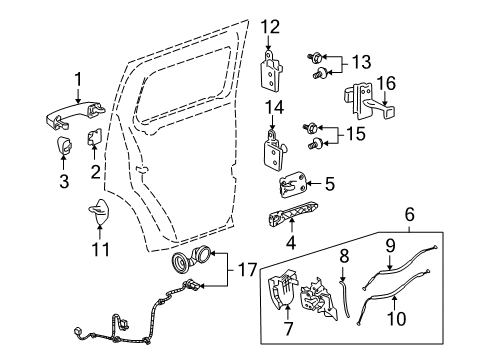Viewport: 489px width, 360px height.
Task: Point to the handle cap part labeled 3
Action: (x=64, y=149)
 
